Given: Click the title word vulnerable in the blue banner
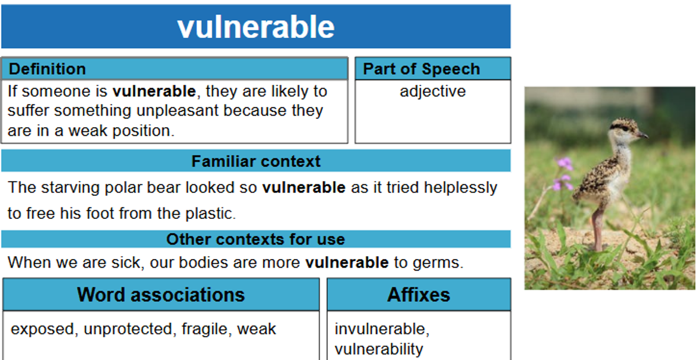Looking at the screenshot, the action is (256, 27).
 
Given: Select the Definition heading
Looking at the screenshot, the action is (47, 69).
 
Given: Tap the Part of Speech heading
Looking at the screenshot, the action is (422, 69).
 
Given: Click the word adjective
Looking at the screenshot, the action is (433, 92).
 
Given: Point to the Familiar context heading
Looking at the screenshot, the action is (256, 161).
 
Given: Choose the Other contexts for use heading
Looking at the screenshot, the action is (256, 239).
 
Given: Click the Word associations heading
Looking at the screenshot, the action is (161, 294).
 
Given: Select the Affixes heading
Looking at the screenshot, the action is (419, 294).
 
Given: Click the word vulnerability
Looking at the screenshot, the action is (379, 349).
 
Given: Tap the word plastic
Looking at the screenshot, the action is (211, 214).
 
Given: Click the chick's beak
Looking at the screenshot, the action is (643, 135).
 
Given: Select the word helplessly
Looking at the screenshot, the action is (461, 188).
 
